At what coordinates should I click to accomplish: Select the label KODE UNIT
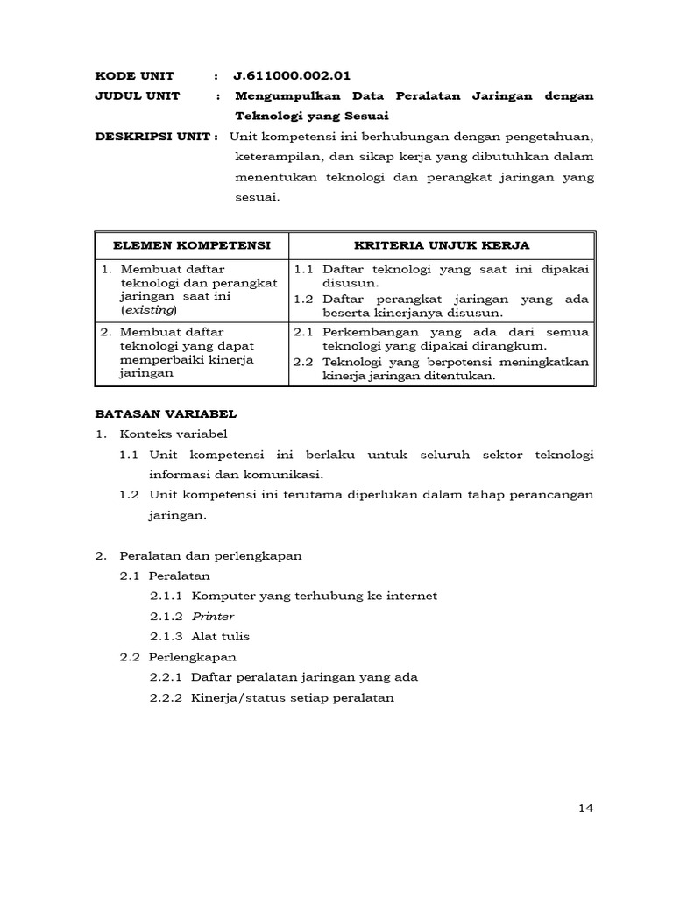pyautogui.click(x=135, y=75)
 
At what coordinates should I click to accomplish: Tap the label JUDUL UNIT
pyautogui.click(x=137, y=95)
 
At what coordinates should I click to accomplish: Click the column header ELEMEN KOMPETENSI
pyautogui.click(x=191, y=245)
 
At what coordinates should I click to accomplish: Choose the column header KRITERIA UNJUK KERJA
pyautogui.click(x=441, y=245)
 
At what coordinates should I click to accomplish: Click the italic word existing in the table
pyautogui.click(x=149, y=310)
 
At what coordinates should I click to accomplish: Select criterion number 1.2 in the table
pyautogui.click(x=304, y=299)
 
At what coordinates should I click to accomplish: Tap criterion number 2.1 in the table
pyautogui.click(x=304, y=332)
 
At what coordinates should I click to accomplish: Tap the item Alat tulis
pyautogui.click(x=221, y=636)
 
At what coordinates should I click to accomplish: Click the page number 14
pyautogui.click(x=586, y=808)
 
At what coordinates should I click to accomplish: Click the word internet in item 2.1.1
pyautogui.click(x=410, y=596)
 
